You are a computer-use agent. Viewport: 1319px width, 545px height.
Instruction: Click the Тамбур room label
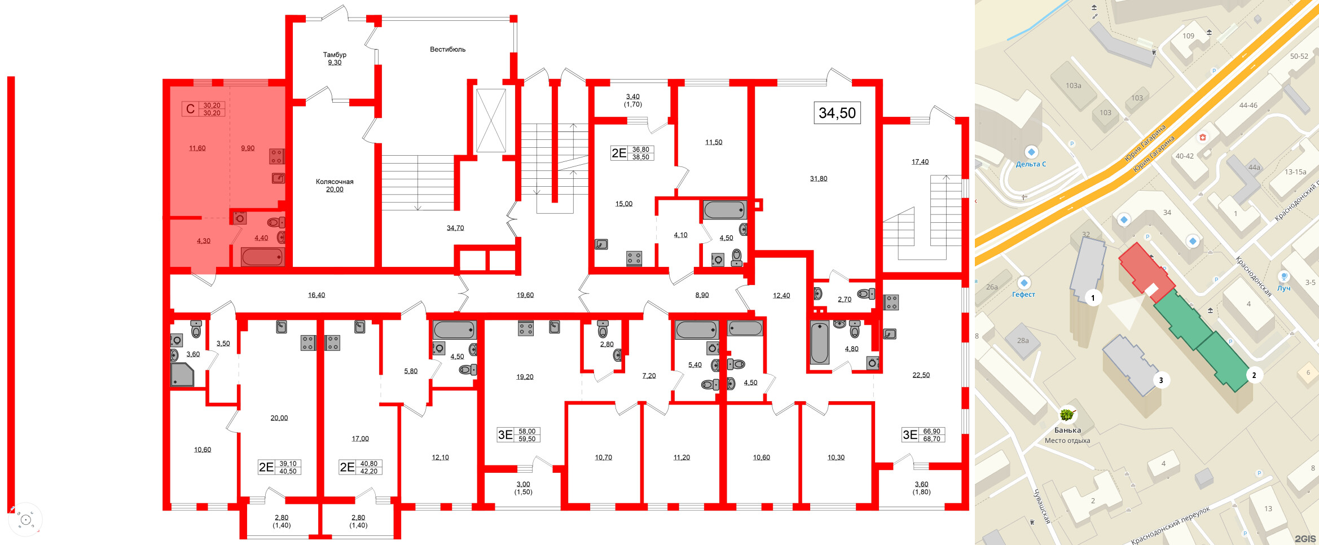point(335,55)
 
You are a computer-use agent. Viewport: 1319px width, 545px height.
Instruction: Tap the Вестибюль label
point(447,50)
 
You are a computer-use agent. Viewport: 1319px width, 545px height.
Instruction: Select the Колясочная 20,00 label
point(335,185)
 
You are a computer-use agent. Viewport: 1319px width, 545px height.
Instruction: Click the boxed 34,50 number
point(837,113)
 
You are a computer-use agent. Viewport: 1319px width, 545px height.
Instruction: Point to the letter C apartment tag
point(190,109)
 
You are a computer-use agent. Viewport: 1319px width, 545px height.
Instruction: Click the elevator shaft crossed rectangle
point(491,120)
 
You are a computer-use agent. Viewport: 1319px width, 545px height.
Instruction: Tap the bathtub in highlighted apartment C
point(262,257)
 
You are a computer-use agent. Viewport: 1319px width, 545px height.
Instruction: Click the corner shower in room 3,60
point(182,375)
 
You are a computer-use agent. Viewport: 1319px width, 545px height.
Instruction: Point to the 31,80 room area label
point(819,179)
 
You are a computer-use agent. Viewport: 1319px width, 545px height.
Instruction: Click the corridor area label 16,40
point(316,295)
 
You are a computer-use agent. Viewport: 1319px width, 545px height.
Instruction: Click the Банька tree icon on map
point(1066,415)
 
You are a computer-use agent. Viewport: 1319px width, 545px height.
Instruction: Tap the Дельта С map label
point(1031,164)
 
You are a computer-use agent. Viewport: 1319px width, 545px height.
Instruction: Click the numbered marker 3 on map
point(1160,380)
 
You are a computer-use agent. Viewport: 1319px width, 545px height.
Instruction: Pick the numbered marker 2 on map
point(1254,375)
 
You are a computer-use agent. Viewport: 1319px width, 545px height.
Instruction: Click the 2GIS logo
point(1304,538)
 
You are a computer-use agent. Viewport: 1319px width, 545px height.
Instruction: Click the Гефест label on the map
point(1023,294)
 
